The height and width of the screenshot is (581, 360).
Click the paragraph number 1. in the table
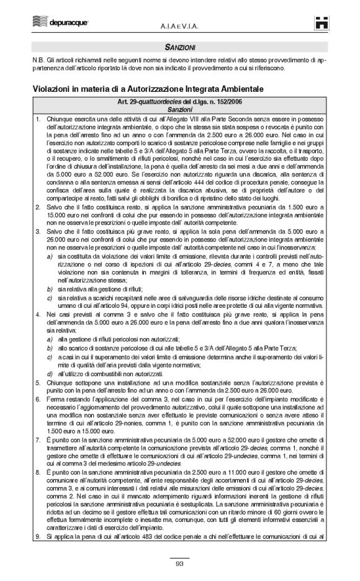tap(38, 118)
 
